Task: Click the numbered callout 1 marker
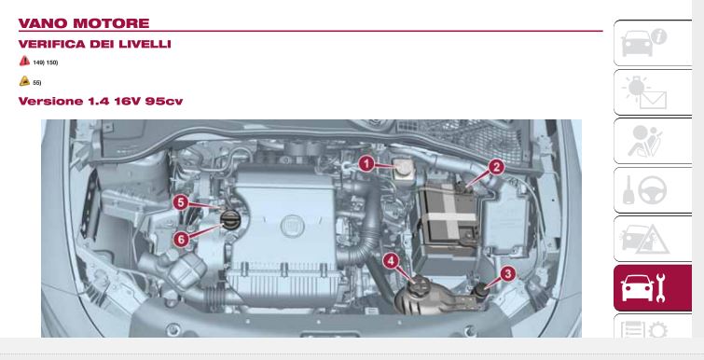tap(366, 164)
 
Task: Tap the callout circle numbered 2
tap(496, 168)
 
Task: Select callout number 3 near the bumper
tap(508, 273)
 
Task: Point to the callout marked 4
tap(391, 261)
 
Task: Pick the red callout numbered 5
tap(181, 202)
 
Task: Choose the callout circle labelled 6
tap(181, 240)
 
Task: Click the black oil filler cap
tap(231, 220)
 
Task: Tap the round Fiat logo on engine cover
tap(292, 226)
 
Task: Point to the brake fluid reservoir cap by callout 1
tap(402, 168)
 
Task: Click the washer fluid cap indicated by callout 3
tap(482, 289)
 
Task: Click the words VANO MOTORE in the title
tap(84, 23)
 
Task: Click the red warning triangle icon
tap(24, 61)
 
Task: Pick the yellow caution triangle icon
tap(24, 81)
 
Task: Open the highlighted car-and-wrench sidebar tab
tap(653, 288)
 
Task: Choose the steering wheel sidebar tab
tap(653, 190)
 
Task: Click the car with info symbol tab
tap(653, 43)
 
